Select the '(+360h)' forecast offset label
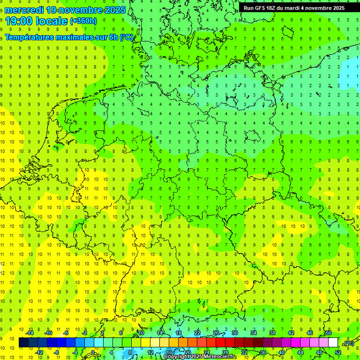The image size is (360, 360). pyautogui.click(x=83, y=21)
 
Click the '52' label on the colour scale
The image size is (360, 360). pyautogui.click(x=338, y=352)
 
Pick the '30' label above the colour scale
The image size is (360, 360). pyautogui.click(x=235, y=333)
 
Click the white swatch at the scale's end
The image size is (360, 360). pyautogui.click(x=333, y=343)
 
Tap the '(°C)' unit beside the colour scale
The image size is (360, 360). pyautogui.click(x=349, y=343)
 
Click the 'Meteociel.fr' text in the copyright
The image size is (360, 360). pyautogui.click(x=219, y=357)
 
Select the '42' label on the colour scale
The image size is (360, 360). pyautogui.click(x=291, y=333)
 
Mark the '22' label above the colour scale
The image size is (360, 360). pyautogui.click(x=197, y=333)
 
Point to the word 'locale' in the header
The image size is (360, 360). pyautogui.click(x=51, y=21)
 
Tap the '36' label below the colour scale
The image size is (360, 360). pyautogui.click(x=263, y=352)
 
